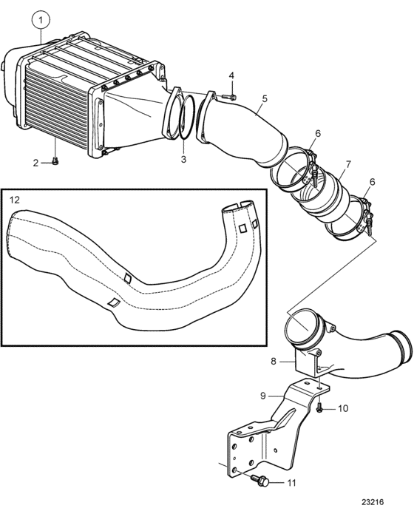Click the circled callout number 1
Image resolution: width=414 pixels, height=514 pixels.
pos(41,20)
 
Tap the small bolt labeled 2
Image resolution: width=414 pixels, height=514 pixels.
pos(55,161)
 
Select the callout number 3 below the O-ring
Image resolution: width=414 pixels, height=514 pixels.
pos(183,159)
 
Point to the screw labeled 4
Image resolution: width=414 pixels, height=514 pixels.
pos(228,97)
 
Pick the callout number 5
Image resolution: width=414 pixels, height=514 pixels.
pos(264,98)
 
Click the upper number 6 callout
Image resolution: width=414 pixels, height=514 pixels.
pos(318,133)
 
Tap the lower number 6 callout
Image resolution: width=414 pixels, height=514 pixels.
pos(372,182)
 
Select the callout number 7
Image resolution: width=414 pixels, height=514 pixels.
pos(347,164)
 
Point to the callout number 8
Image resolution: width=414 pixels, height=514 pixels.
pos(274,361)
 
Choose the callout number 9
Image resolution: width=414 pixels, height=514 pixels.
pos(263,396)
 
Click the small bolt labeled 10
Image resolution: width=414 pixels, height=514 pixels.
pos(319,408)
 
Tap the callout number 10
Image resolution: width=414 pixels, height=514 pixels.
pos(342,408)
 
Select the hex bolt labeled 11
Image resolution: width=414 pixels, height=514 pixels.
pos(260,481)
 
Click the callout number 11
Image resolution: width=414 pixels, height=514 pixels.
pos(291,483)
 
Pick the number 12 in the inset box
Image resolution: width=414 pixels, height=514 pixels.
pos(15,199)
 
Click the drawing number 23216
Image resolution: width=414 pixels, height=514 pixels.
pos(373,502)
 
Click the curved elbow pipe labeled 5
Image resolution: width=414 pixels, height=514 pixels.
pos(241,128)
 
